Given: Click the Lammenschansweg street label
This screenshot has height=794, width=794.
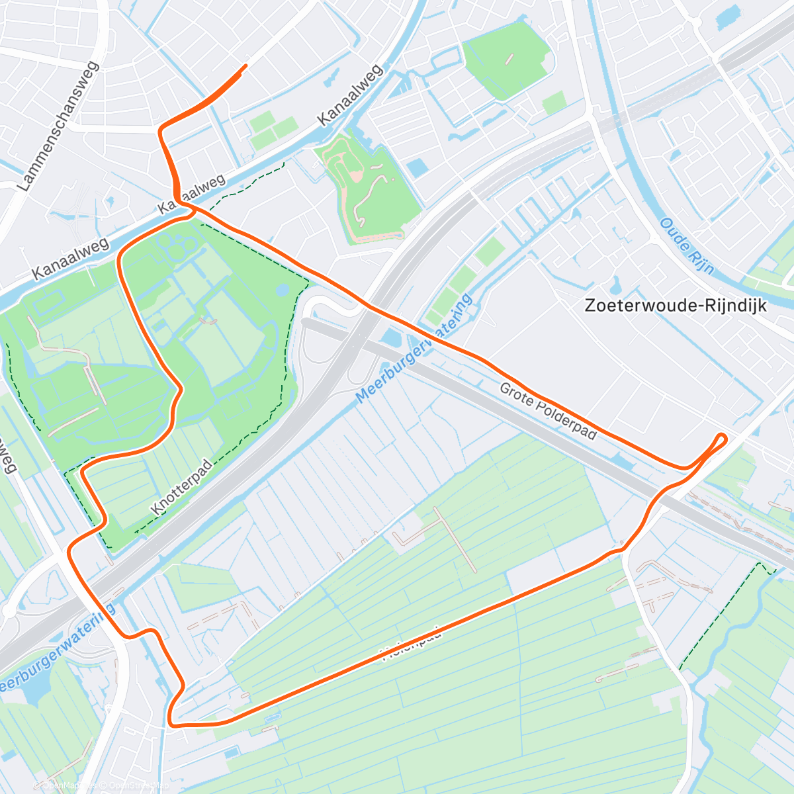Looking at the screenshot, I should [x=60, y=127].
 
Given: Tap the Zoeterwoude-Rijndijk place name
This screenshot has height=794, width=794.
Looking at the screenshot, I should [x=676, y=306].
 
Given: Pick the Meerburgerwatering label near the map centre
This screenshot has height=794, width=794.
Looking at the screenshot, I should [x=415, y=349].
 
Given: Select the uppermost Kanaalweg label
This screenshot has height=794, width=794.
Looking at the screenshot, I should [x=350, y=95].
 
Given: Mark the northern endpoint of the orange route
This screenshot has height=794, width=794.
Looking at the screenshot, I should [x=246, y=66].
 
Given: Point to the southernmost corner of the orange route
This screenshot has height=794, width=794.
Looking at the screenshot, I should [x=172, y=723].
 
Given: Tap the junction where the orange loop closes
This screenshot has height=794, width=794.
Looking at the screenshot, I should [x=191, y=209].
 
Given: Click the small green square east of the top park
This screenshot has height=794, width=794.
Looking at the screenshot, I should [x=554, y=103].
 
